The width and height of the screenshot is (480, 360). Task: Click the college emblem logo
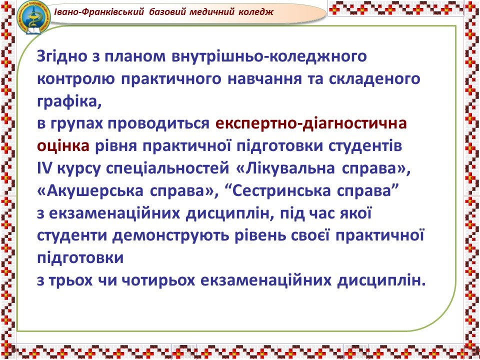tap(33, 17)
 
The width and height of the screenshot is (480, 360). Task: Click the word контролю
tap(76, 79)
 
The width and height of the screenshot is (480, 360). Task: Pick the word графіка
tap(69, 102)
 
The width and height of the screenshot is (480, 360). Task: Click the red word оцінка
tap(63, 146)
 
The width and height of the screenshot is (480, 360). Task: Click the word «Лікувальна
tap(285, 168)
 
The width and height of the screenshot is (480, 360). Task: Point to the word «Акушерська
tap(90, 191)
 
